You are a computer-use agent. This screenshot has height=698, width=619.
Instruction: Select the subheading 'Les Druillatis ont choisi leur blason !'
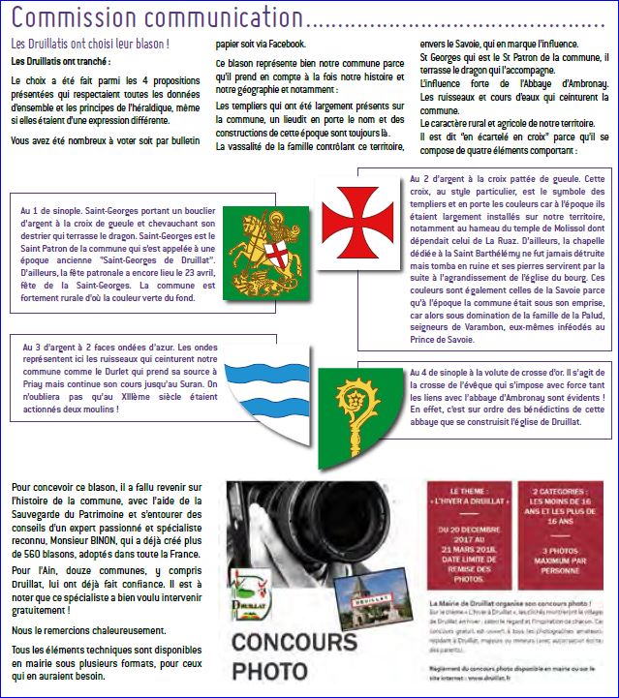(90, 45)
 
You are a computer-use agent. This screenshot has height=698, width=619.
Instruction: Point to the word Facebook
(286, 44)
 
